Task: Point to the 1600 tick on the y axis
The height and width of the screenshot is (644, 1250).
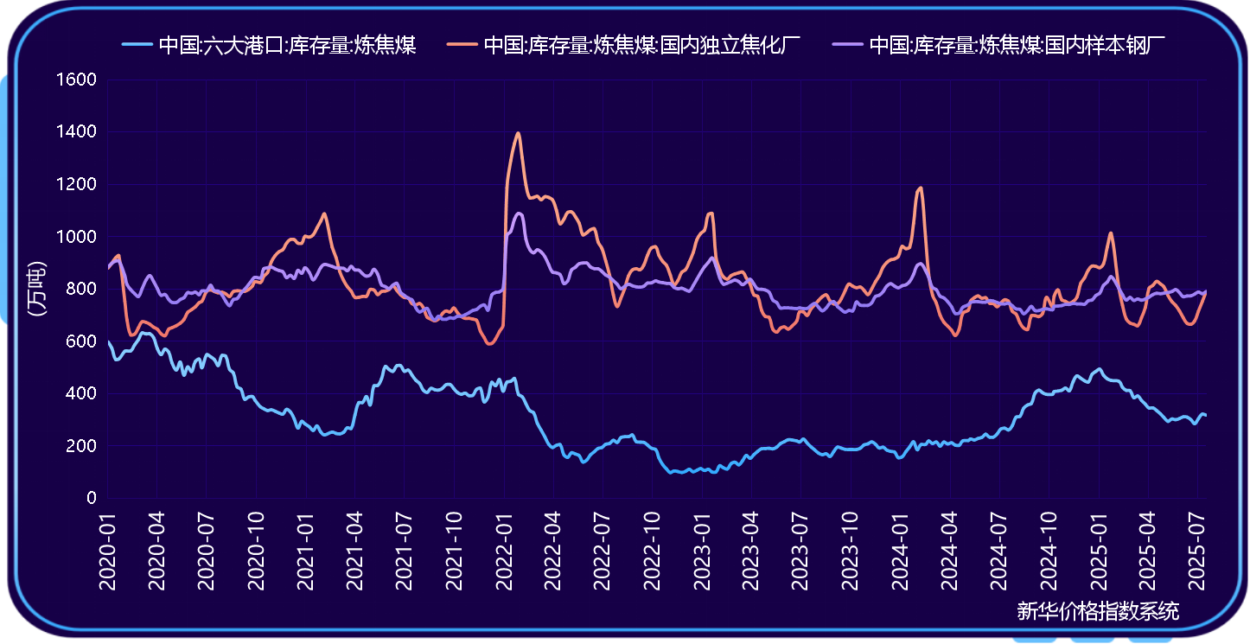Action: pyautogui.click(x=77, y=80)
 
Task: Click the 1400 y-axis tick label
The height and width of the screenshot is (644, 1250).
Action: pyautogui.click(x=77, y=132)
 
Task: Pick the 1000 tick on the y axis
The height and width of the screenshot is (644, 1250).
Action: pyautogui.click(x=77, y=237)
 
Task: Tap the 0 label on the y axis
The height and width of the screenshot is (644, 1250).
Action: pyautogui.click(x=91, y=499)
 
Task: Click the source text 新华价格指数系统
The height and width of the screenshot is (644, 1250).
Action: pyautogui.click(x=1098, y=612)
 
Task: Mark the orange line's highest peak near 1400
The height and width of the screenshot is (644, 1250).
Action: pyautogui.click(x=518, y=133)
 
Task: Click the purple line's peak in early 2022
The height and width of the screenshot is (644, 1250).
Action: pyautogui.click(x=519, y=213)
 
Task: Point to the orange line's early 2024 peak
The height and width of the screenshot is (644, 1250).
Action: pyautogui.click(x=921, y=188)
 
